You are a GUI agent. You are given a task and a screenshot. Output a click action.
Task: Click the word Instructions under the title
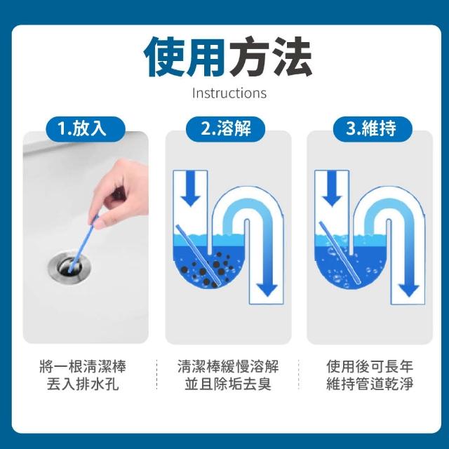(x=229, y=93)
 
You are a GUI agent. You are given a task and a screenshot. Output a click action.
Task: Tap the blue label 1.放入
(x=86, y=128)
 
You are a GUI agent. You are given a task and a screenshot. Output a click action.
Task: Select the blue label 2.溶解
(x=226, y=128)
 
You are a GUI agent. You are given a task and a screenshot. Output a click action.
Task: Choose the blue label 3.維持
(x=373, y=128)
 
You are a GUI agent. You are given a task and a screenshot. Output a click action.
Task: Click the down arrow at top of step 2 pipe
(x=190, y=188)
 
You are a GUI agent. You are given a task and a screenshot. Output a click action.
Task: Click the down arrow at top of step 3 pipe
(x=332, y=188)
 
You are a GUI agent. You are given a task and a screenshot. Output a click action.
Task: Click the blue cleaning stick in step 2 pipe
(x=199, y=255)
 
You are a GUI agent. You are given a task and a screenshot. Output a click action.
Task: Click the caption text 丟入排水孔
(x=83, y=384)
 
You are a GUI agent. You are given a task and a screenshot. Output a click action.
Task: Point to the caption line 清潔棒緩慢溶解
(x=228, y=366)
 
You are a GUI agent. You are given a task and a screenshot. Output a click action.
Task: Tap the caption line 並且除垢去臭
(x=228, y=384)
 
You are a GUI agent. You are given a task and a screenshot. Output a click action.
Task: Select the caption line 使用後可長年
(x=370, y=366)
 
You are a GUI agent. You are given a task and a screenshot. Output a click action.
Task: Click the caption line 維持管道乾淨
(x=370, y=384)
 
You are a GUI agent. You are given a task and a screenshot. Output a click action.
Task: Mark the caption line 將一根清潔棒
(x=83, y=366)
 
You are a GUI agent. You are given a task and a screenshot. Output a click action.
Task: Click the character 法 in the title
(x=291, y=56)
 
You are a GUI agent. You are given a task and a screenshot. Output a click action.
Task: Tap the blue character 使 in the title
(x=164, y=56)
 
